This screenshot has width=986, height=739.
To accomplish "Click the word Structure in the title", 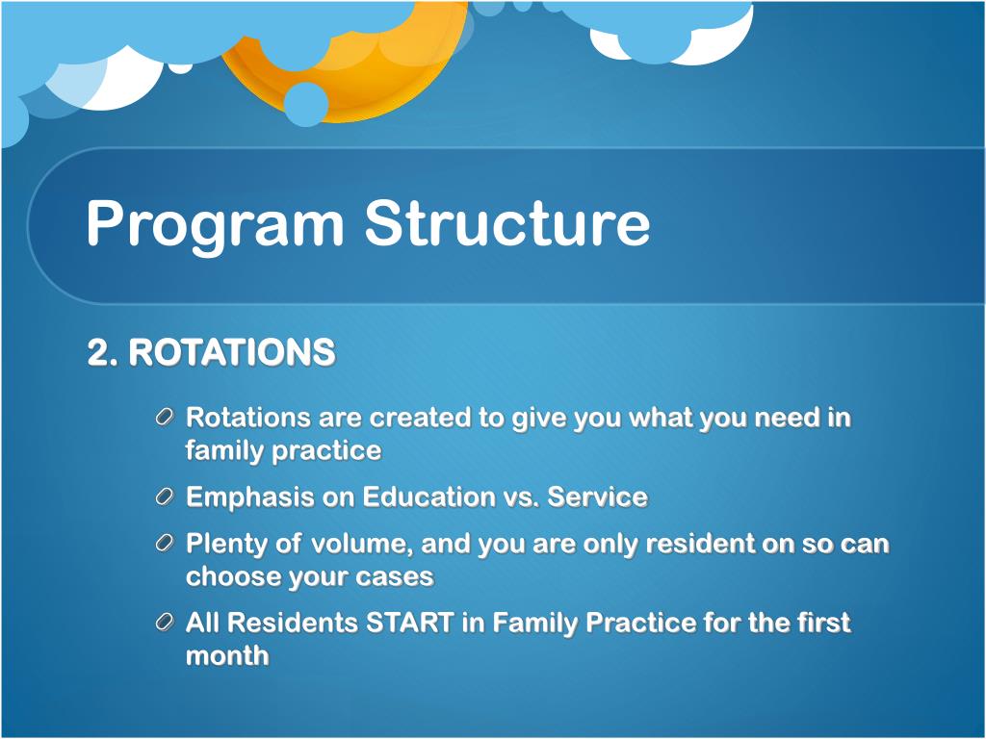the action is [507, 222].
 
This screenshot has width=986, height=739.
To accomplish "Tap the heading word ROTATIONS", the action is [232, 352].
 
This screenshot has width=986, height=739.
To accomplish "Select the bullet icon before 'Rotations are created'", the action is [164, 418].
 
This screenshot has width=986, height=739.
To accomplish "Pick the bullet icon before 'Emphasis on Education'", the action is [164, 497].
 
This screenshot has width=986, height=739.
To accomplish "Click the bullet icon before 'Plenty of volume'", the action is [164, 543].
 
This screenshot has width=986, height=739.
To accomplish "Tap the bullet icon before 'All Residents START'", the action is [164, 623].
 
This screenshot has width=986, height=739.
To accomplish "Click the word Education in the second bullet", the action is [428, 497].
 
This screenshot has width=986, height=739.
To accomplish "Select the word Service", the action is [597, 497].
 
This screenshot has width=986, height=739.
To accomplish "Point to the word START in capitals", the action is [409, 623].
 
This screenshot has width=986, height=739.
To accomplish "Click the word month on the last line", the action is [227, 656].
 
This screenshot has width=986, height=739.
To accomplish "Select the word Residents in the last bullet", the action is [293, 623].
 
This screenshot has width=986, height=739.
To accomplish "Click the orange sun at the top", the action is [377, 82].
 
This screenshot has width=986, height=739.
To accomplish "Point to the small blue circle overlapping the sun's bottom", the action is [305, 104].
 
